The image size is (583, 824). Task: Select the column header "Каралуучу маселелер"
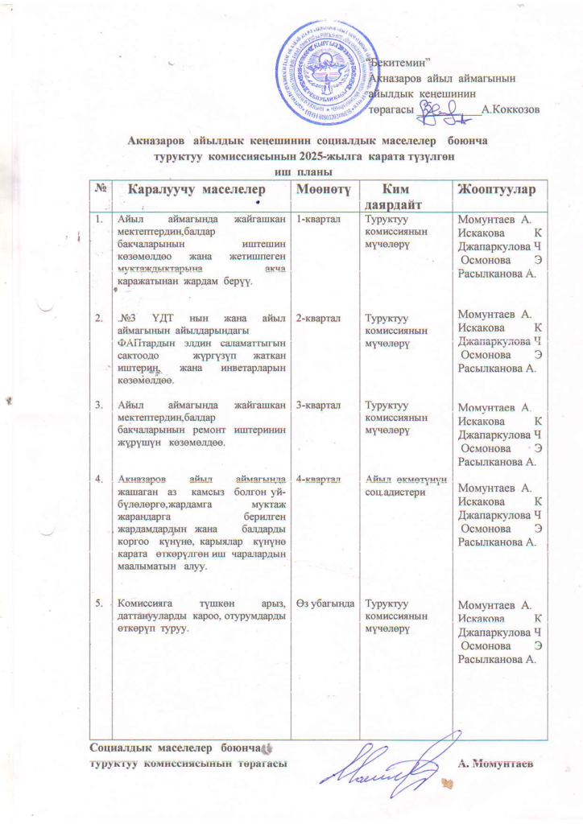pos(196,189)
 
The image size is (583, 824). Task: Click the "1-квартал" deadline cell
pos(316,218)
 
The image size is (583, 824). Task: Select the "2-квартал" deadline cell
pos(316,319)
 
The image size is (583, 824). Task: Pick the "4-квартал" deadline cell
pos(316,480)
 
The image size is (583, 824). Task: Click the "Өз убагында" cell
pos(324,603)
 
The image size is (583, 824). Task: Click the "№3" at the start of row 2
pos(125,319)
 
